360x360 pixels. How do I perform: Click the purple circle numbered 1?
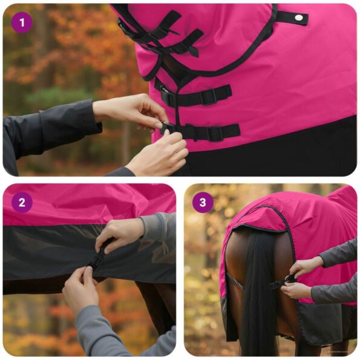22,23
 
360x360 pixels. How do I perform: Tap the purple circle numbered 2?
22,202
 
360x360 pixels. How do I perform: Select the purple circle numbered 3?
203,202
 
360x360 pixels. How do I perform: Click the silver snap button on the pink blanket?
298,19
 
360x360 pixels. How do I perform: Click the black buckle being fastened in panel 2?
97,260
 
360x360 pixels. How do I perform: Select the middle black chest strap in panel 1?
200,96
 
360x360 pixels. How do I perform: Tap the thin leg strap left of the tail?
235,281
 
